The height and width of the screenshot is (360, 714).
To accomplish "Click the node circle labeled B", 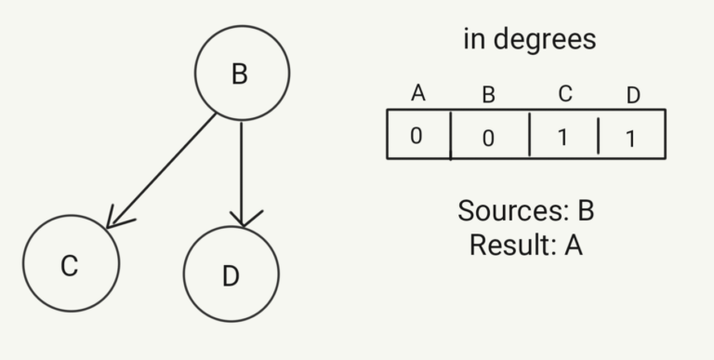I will pos(242,73).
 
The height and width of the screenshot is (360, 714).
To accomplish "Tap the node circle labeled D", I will pos(231,274).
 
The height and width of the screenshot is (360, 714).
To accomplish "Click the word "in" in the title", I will pos(475,39).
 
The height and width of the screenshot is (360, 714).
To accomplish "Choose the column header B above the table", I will pos(489,94).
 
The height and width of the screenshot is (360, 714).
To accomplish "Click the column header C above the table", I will pos(564,93).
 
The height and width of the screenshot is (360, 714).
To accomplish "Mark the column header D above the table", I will pos(633,95).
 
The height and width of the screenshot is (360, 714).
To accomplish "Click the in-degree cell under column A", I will pos(417,135).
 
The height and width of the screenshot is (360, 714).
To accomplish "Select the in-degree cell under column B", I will pos(490,136).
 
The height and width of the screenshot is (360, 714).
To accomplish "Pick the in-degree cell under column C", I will pos(563,136).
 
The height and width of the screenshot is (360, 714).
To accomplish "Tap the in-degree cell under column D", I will pos(631,136).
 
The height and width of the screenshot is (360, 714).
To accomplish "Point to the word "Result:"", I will pos(509,245).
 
